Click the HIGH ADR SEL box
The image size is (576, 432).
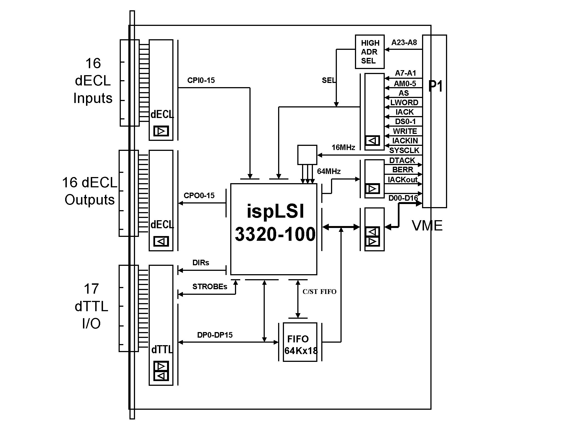(370, 52)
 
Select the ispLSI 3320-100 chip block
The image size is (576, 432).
(274, 229)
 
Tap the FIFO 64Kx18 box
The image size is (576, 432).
(300, 342)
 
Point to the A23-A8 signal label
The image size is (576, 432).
(404, 43)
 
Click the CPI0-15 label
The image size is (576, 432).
(201, 80)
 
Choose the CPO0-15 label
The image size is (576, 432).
(199, 196)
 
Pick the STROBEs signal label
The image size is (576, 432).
(210, 287)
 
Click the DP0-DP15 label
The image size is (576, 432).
(215, 335)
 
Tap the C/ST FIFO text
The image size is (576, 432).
(319, 292)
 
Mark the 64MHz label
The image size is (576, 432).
(329, 171)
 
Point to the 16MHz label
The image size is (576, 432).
(343, 148)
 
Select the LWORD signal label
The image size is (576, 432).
(404, 103)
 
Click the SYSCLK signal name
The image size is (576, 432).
(404, 151)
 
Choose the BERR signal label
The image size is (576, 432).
(403, 170)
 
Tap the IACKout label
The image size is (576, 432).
(403, 180)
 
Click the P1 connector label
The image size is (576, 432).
(435, 86)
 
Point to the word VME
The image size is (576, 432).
(427, 225)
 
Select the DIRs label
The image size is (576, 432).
(201, 263)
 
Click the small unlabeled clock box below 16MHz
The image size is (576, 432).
(307, 155)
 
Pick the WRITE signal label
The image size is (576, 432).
(405, 131)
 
